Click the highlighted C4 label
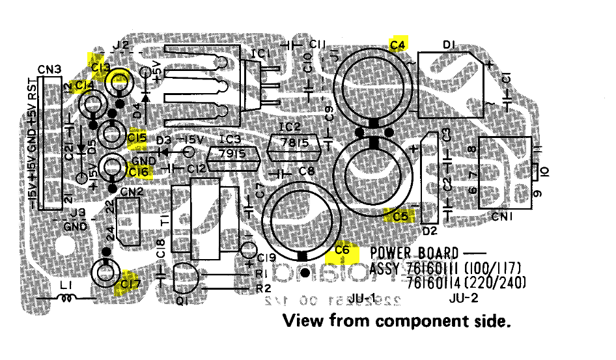tap(398, 44)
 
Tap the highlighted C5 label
tap(400, 215)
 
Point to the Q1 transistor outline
tap(186, 278)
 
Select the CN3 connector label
tap(49, 69)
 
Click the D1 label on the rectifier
tap(447, 44)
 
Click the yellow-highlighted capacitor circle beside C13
tap(119, 82)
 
